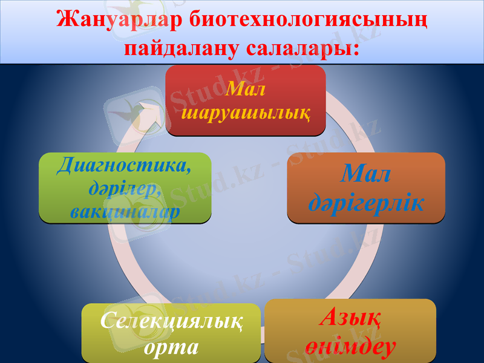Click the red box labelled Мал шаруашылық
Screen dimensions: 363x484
point(246,100)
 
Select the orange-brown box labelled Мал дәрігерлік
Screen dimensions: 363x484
point(365,188)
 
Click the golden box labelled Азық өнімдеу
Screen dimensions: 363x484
point(350,330)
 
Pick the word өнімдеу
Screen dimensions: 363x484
point(350,346)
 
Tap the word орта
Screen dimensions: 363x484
point(172,347)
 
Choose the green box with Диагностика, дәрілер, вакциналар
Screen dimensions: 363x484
point(125,186)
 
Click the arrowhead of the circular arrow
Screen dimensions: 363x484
point(151,115)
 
